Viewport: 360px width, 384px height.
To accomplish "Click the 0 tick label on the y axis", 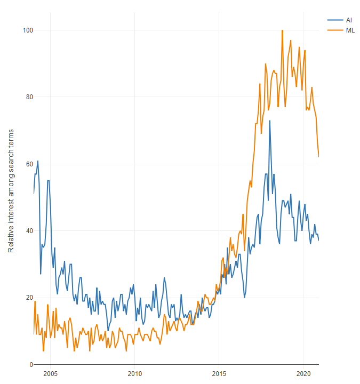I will tap(27, 365).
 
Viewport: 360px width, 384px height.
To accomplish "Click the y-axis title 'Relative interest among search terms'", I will tap(11, 191).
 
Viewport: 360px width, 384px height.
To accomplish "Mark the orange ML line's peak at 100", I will tap(282, 30).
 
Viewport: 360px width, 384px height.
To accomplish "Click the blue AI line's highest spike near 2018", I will tap(270, 121).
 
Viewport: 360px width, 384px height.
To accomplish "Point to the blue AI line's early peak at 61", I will tap(37, 161).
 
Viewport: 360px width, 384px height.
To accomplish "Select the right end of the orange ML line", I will tap(318, 156).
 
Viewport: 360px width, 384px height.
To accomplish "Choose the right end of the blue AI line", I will tap(318, 240).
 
